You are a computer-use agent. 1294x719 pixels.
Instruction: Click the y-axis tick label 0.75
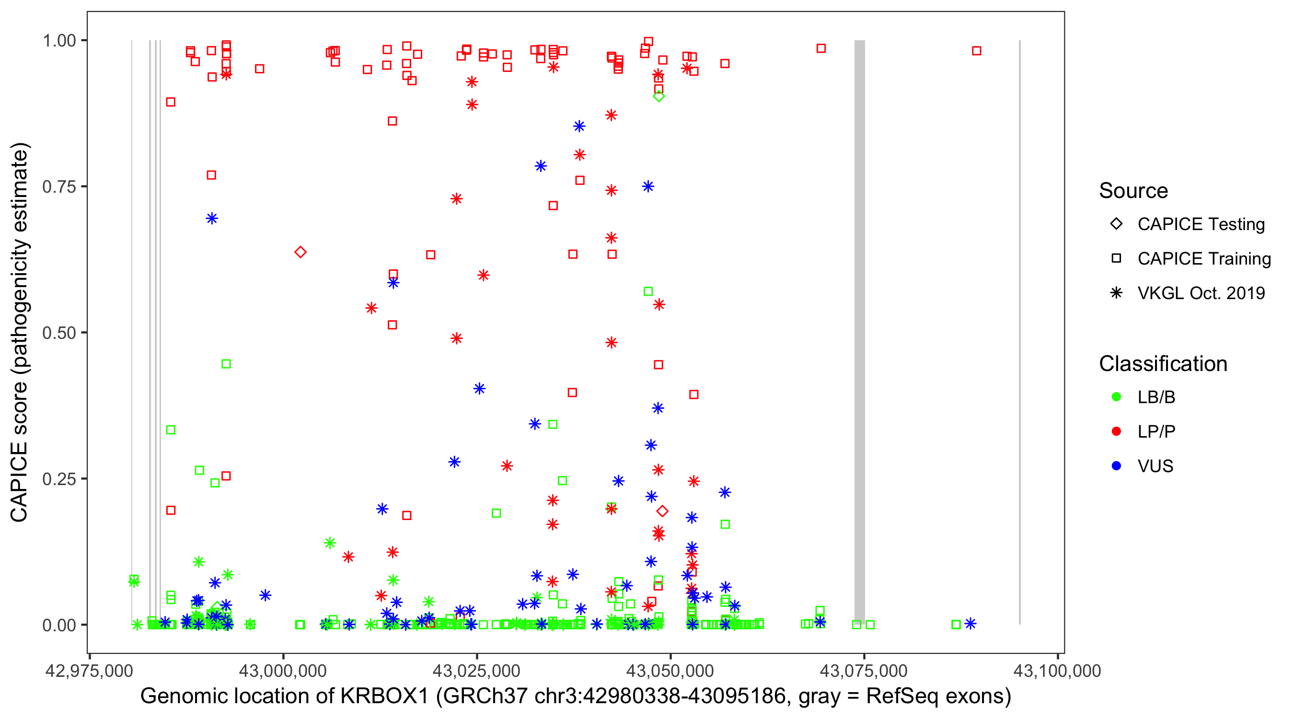point(58,187)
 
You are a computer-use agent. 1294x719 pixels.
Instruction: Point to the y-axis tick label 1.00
point(58,41)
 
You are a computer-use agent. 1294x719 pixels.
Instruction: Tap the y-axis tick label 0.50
point(58,333)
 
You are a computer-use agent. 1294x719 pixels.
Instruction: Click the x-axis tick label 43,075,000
point(864,671)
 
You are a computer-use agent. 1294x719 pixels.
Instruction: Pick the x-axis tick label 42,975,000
point(89,671)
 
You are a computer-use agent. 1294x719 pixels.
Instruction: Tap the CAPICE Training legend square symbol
point(1116,259)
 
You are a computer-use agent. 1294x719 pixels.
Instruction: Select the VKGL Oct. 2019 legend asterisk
point(1116,293)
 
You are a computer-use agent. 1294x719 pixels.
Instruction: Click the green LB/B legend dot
point(1116,397)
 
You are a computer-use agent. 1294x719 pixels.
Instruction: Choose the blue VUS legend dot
point(1116,466)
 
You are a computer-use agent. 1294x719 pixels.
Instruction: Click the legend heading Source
point(1133,191)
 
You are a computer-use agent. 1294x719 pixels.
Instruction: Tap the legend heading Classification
point(1163,364)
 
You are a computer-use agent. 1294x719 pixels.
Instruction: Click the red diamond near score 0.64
point(300,252)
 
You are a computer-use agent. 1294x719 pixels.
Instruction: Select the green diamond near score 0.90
point(659,96)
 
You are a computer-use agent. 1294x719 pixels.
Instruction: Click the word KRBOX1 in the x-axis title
point(384,696)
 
